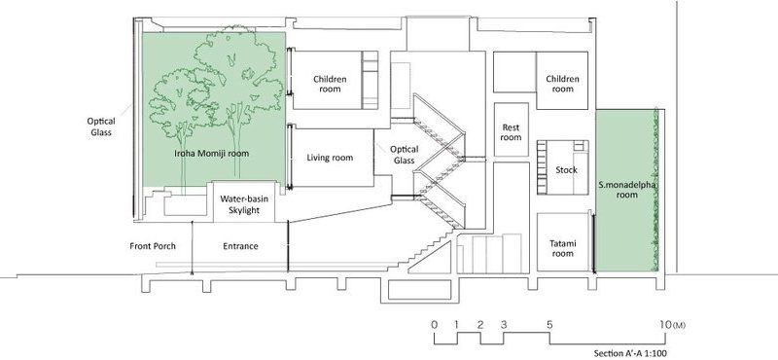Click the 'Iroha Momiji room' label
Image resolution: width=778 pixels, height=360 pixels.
[x=211, y=154]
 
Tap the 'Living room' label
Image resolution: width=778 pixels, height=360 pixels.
[x=330, y=158]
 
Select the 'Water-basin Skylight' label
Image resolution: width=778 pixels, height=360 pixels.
[x=244, y=204]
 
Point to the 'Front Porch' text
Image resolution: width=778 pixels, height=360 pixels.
[x=153, y=246]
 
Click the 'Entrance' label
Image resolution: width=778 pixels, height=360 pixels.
[x=240, y=246]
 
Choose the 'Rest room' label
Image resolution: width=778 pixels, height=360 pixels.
[x=511, y=132]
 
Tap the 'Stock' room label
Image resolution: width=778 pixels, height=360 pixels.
[x=566, y=170]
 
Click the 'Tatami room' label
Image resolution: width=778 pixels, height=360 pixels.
[x=563, y=248]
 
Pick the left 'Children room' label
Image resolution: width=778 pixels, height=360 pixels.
[x=330, y=84]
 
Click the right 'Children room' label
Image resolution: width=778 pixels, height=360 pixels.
[x=563, y=84]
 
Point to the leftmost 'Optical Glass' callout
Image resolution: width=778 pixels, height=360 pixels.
[x=101, y=126]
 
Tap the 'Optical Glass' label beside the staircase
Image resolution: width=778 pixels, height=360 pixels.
[x=404, y=155]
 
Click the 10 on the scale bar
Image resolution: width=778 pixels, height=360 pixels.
[x=665, y=325]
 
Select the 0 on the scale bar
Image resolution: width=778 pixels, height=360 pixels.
[x=435, y=325]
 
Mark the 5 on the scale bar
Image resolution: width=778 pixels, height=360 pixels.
[x=549, y=325]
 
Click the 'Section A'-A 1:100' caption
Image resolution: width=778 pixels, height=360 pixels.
[x=630, y=353]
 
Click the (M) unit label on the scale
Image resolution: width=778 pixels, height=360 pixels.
[x=679, y=326]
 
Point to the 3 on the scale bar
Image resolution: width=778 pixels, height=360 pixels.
[x=504, y=325]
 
